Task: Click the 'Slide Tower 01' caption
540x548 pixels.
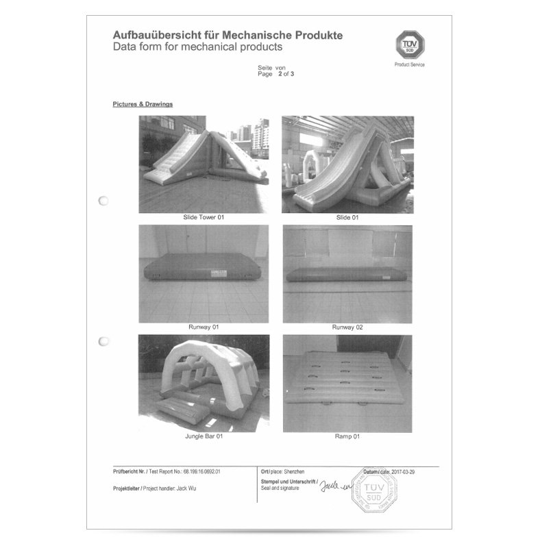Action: point(204,216)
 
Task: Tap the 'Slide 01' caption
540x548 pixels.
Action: point(347,216)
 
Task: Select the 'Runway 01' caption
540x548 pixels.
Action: point(204,327)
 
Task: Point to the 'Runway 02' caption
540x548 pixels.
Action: point(347,327)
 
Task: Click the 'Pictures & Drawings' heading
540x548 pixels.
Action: point(142,105)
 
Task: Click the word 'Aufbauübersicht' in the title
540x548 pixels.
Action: point(152,35)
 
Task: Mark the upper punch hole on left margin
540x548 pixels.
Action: point(103,201)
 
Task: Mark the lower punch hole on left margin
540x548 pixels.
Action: point(103,340)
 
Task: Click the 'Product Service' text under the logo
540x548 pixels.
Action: point(410,64)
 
